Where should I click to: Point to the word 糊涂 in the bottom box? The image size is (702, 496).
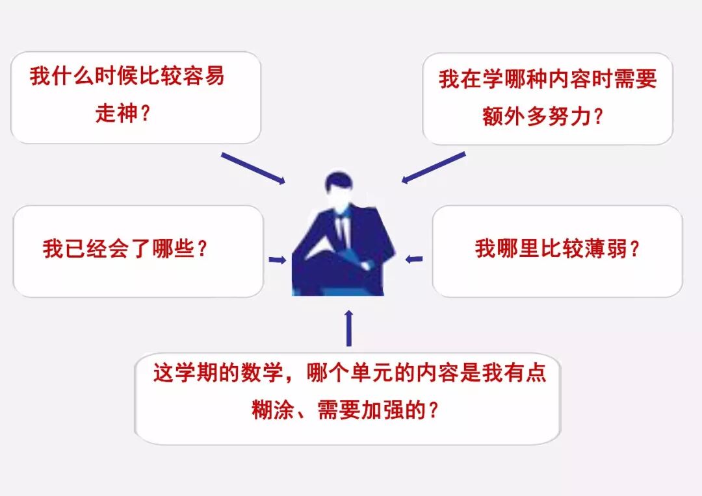click(272, 410)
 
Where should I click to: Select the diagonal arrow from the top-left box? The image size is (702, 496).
click(253, 168)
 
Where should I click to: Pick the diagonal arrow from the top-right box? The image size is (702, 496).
click(434, 167)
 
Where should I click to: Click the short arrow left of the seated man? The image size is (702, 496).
click(277, 260)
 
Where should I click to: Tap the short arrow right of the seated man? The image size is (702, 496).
click(414, 259)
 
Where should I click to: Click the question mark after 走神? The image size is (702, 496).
click(146, 114)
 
